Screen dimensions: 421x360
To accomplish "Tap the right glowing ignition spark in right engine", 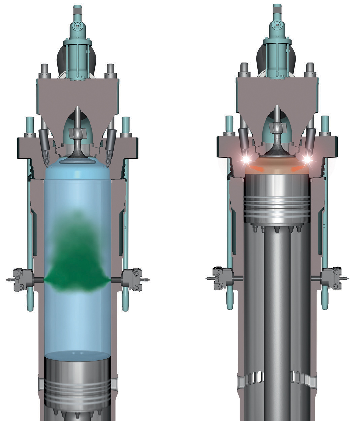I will (x=307, y=159).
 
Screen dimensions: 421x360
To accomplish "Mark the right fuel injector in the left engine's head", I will (x=110, y=145).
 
